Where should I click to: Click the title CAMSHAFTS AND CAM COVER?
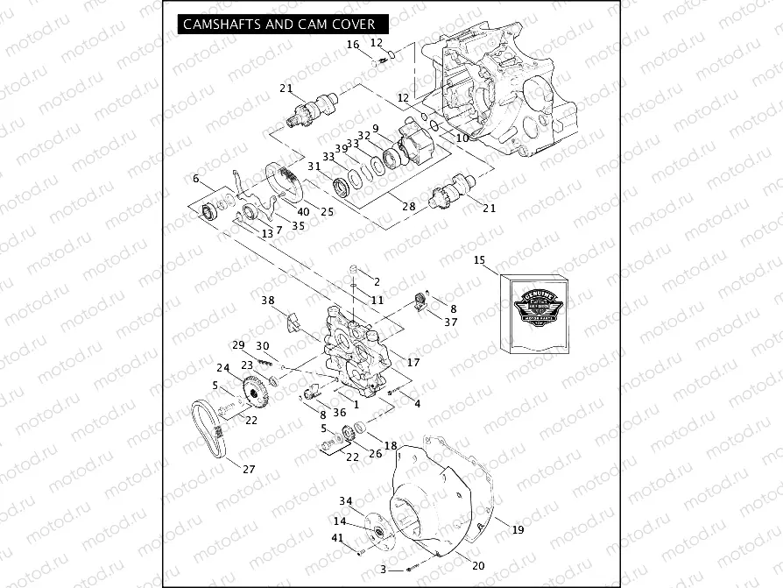point(279,25)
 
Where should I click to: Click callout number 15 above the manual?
point(479,260)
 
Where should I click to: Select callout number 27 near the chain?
point(249,470)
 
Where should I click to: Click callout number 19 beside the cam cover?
point(518,529)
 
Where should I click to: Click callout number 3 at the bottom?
point(384,570)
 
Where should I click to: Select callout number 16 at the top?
point(352,44)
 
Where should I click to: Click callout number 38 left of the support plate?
point(268,300)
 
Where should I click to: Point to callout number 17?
point(414,362)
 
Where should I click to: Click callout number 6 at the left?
point(196,179)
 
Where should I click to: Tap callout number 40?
point(303,211)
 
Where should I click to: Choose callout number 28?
point(409,207)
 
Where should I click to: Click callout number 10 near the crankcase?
point(462,138)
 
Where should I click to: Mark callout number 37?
point(451,322)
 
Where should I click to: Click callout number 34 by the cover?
point(346,501)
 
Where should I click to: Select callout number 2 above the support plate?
point(377,281)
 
